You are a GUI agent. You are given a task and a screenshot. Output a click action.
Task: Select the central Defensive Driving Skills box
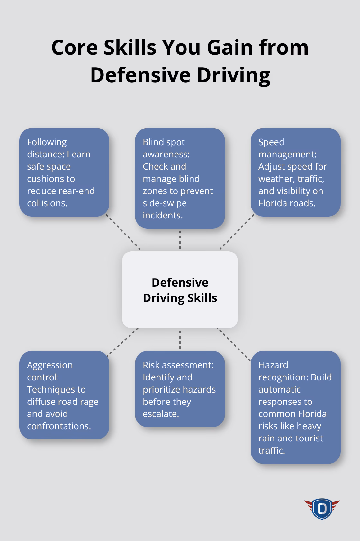click(180, 290)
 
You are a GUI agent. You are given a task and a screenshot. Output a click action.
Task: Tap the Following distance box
click(64, 172)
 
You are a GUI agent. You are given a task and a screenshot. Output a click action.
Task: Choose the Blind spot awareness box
click(180, 178)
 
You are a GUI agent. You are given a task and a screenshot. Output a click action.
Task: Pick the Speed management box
click(296, 172)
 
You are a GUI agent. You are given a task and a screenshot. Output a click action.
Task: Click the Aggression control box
click(64, 395)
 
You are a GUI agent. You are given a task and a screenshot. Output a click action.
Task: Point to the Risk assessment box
click(180, 389)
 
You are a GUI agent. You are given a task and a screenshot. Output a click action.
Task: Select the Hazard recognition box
click(296, 407)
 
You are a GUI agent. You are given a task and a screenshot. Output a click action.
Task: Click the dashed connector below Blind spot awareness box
click(180, 240)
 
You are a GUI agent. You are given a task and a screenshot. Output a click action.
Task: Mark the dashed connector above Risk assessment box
click(180, 340)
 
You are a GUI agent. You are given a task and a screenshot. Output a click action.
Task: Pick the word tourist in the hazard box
click(306, 438)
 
